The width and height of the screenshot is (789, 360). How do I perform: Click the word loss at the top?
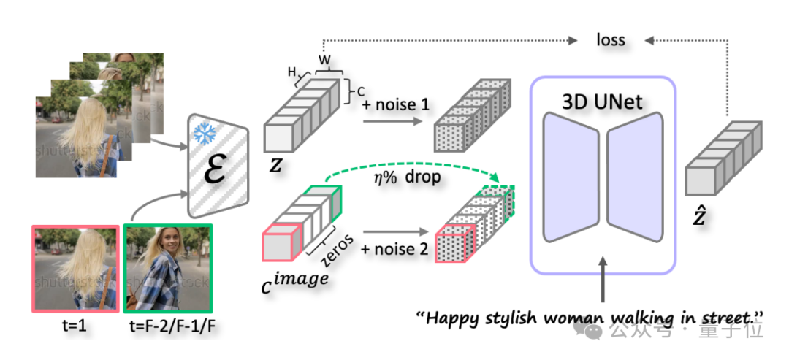coord(610,39)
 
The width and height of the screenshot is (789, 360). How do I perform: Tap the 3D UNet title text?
coord(603,102)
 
